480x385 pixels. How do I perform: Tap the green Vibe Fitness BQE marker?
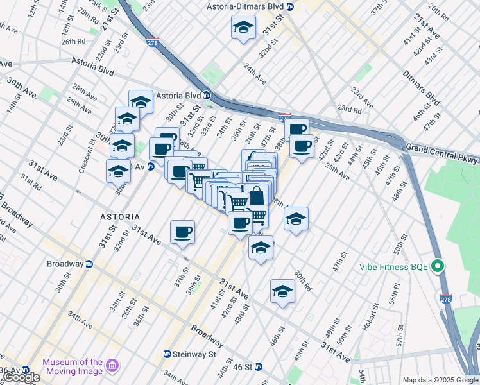pyautogui.click(x=438, y=265)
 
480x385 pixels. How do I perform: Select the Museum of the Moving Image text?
pyautogui.click(x=73, y=366)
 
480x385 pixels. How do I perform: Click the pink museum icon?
pyautogui.click(x=113, y=366)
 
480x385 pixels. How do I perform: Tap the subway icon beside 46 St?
pyautogui.click(x=259, y=367)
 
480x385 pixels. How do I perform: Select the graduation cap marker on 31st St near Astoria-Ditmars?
pyautogui.click(x=243, y=28)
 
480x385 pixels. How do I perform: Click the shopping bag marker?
pyautogui.click(x=257, y=196)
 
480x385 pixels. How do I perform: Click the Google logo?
pyautogui.click(x=21, y=377)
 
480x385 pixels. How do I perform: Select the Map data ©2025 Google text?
pyautogui.click(x=440, y=380)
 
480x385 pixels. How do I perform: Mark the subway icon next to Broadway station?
pyautogui.click(x=89, y=264)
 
